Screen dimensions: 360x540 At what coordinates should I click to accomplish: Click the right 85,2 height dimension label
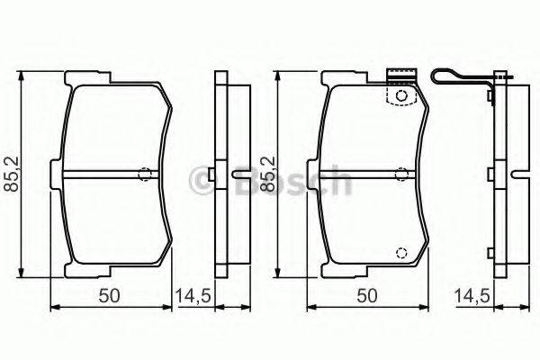pos(267,175)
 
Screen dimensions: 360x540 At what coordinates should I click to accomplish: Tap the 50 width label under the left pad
pos(107,294)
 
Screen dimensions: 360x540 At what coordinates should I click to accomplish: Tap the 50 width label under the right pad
pos(364,294)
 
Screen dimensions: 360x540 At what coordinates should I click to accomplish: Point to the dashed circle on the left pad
pos(144,175)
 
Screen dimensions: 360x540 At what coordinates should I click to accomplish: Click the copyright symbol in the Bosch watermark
pos(199,183)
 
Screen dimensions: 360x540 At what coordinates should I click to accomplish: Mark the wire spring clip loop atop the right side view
pos(459,78)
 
